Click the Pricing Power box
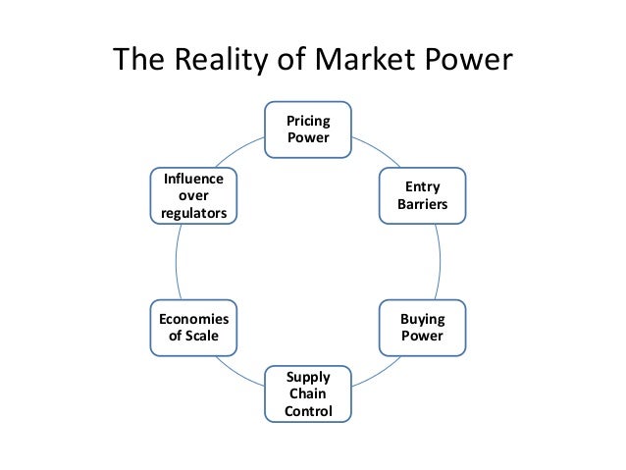tap(308, 129)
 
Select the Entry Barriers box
tap(422, 195)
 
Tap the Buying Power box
tap(422, 328)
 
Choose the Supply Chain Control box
tap(308, 392)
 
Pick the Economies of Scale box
tap(193, 328)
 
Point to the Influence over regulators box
tap(193, 195)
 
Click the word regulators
tap(193, 213)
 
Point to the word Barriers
tap(422, 205)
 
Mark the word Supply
tap(308, 376)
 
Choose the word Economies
tap(193, 319)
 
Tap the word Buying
tap(422, 319)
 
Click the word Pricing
tap(308, 120)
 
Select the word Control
tap(308, 410)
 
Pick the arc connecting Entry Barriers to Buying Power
tap(439, 261)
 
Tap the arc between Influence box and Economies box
tap(177, 261)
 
